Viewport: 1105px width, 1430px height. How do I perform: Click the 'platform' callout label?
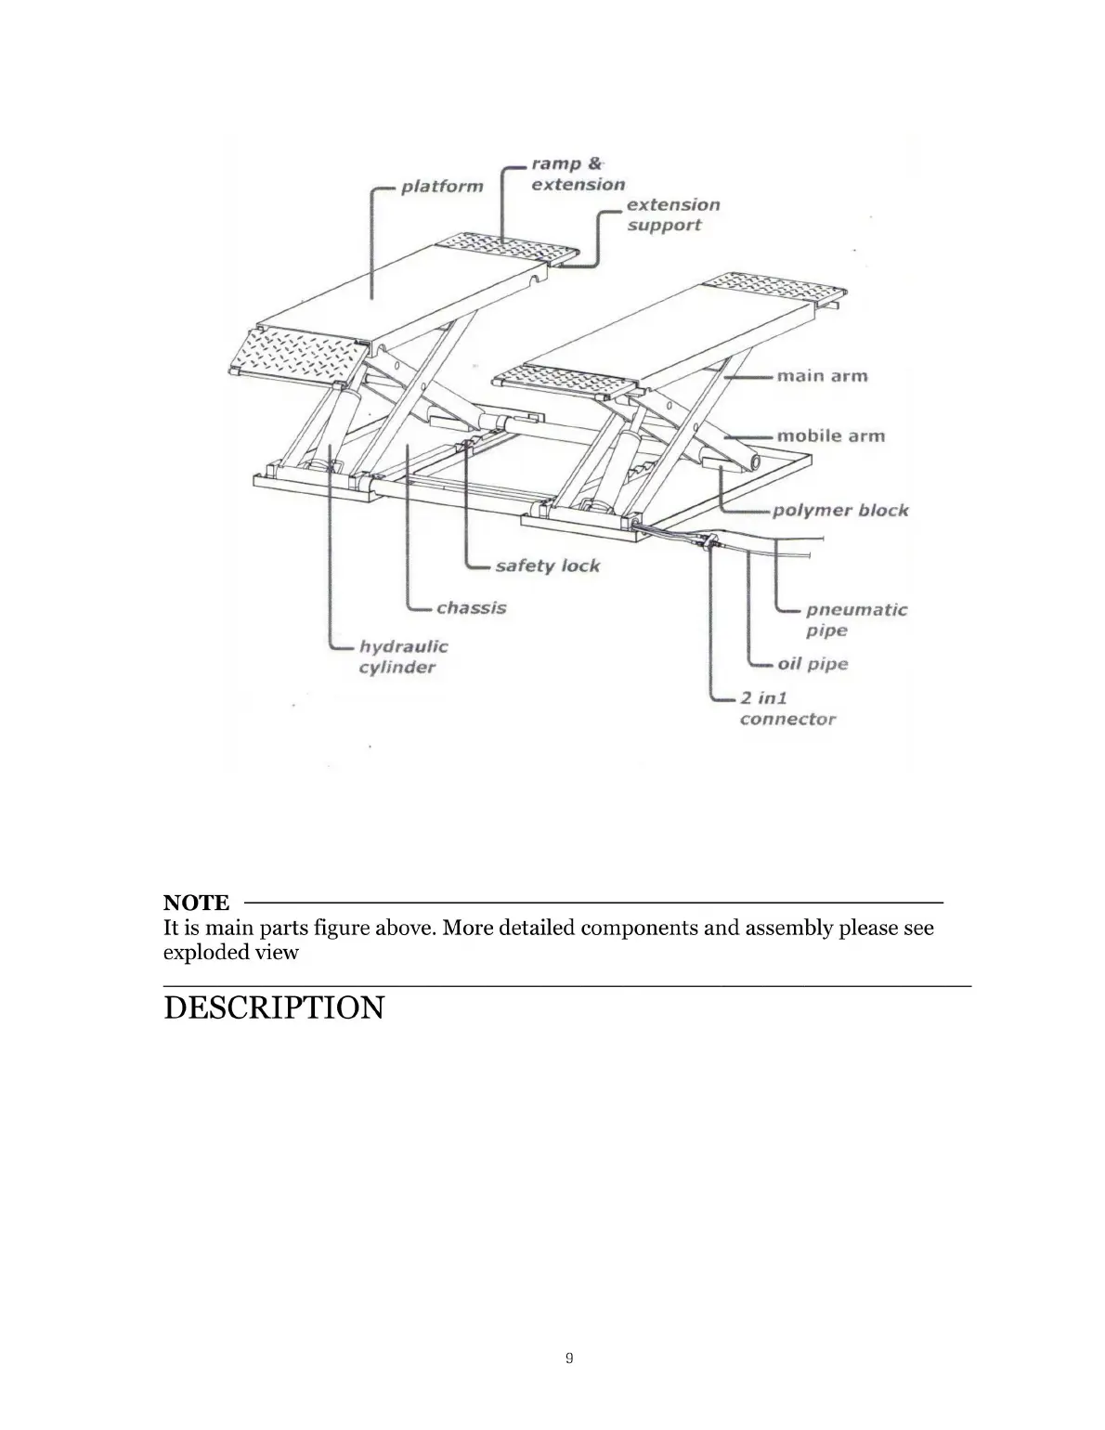(442, 187)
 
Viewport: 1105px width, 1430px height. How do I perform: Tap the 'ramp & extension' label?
(578, 175)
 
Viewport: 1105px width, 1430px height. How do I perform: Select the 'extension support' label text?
(672, 214)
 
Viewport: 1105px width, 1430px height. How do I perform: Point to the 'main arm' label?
(822, 376)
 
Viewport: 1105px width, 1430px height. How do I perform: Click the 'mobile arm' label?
(830, 435)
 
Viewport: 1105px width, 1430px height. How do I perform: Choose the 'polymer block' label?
(840, 510)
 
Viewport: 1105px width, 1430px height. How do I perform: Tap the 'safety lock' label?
(547, 565)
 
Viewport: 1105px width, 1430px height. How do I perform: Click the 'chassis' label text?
(472, 608)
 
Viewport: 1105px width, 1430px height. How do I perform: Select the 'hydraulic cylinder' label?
(403, 656)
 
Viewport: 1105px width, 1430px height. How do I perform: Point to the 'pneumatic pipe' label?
(855, 619)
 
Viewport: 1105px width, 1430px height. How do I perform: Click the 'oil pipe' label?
(812, 664)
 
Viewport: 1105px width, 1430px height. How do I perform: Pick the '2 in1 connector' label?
(786, 708)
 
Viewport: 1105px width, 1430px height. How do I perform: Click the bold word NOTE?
(196, 903)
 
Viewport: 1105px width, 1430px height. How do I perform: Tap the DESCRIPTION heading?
(273, 1007)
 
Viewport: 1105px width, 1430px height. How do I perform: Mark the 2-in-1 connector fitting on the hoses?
(711, 542)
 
